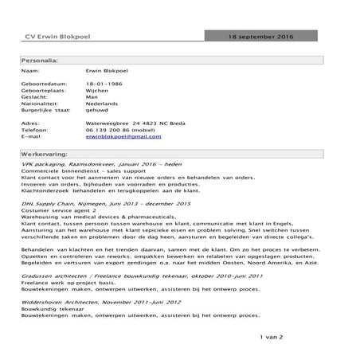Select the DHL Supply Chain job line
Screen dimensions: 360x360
tap(96, 204)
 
